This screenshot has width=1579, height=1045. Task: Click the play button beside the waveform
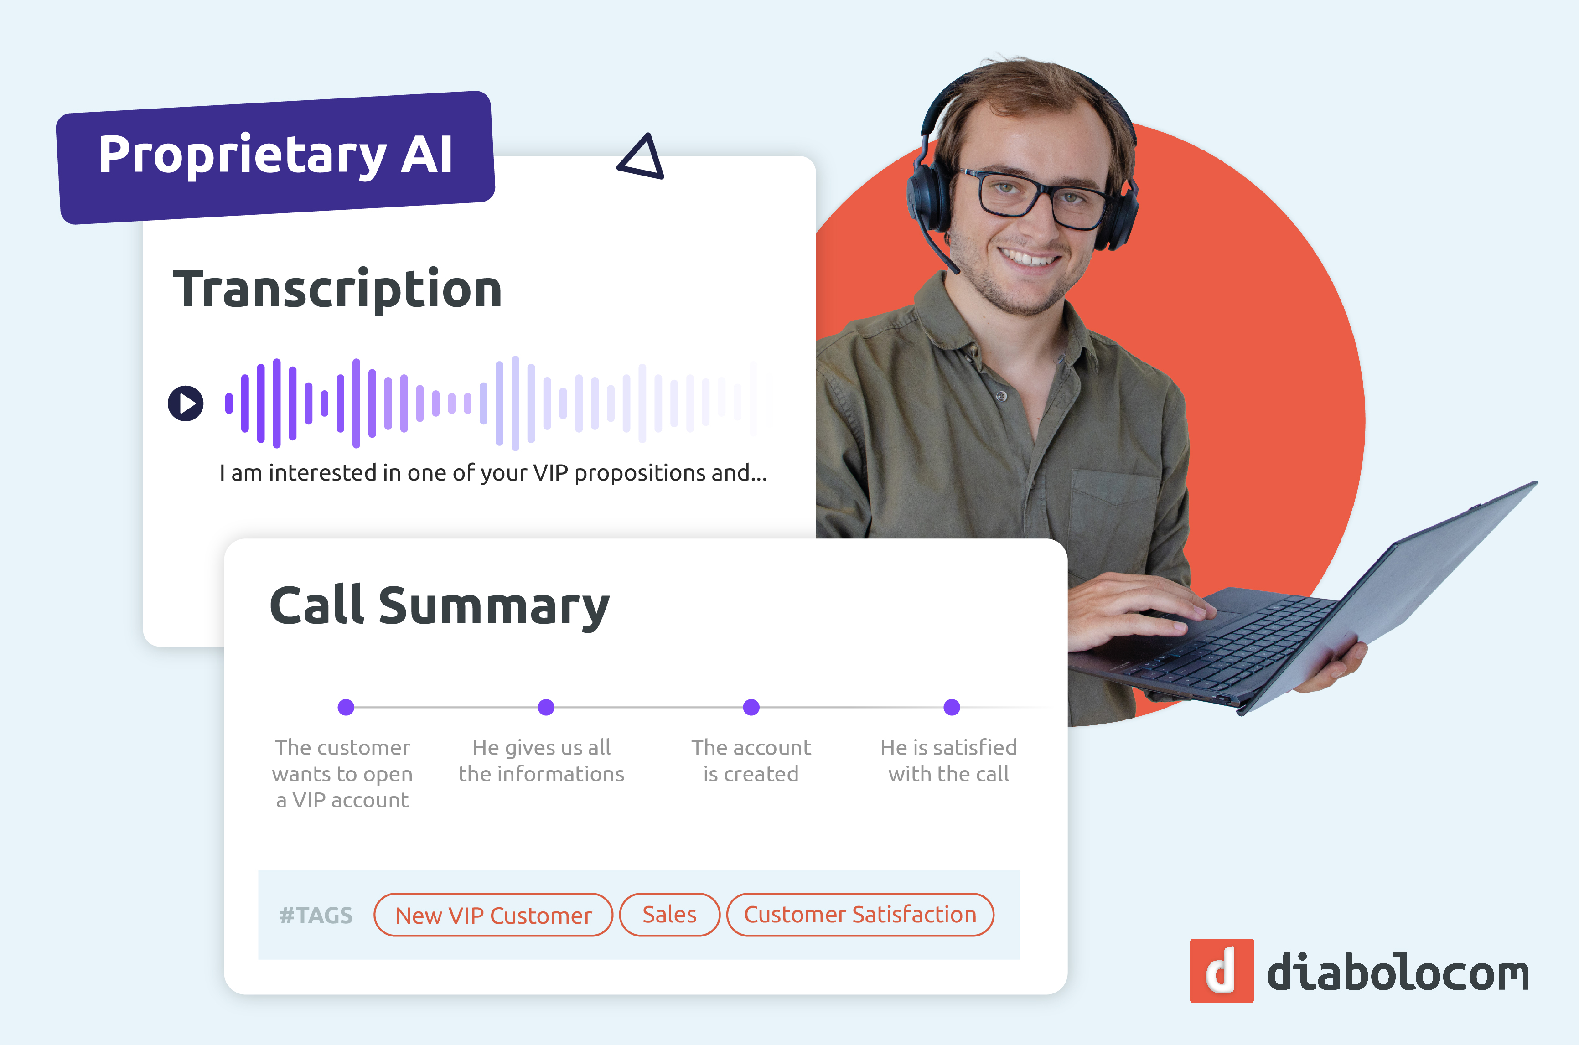(185, 403)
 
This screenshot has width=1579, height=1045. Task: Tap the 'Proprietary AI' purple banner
(275, 157)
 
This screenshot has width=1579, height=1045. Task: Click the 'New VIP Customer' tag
(493, 915)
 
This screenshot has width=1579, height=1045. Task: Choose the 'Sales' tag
(669, 915)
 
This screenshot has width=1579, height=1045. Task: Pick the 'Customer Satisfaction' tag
(860, 915)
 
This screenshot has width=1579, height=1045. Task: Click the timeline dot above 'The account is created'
(751, 707)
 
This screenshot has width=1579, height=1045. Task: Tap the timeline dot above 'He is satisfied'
(952, 707)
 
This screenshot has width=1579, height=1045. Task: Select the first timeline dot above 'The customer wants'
(346, 707)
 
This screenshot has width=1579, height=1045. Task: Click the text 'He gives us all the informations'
(541, 760)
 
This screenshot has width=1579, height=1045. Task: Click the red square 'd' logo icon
(1222, 970)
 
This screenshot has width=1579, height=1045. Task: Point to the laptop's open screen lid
(1387, 600)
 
